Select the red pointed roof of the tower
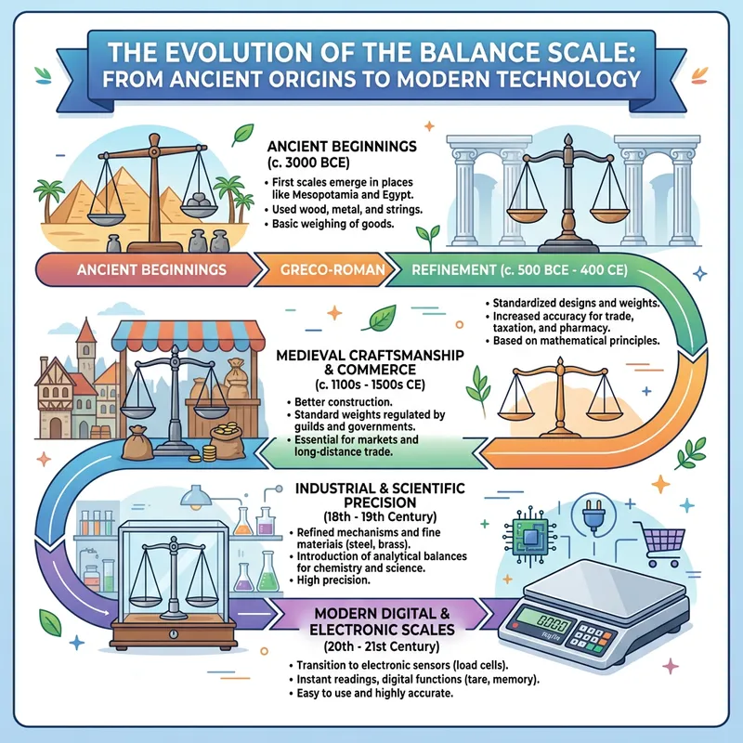(85, 331)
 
